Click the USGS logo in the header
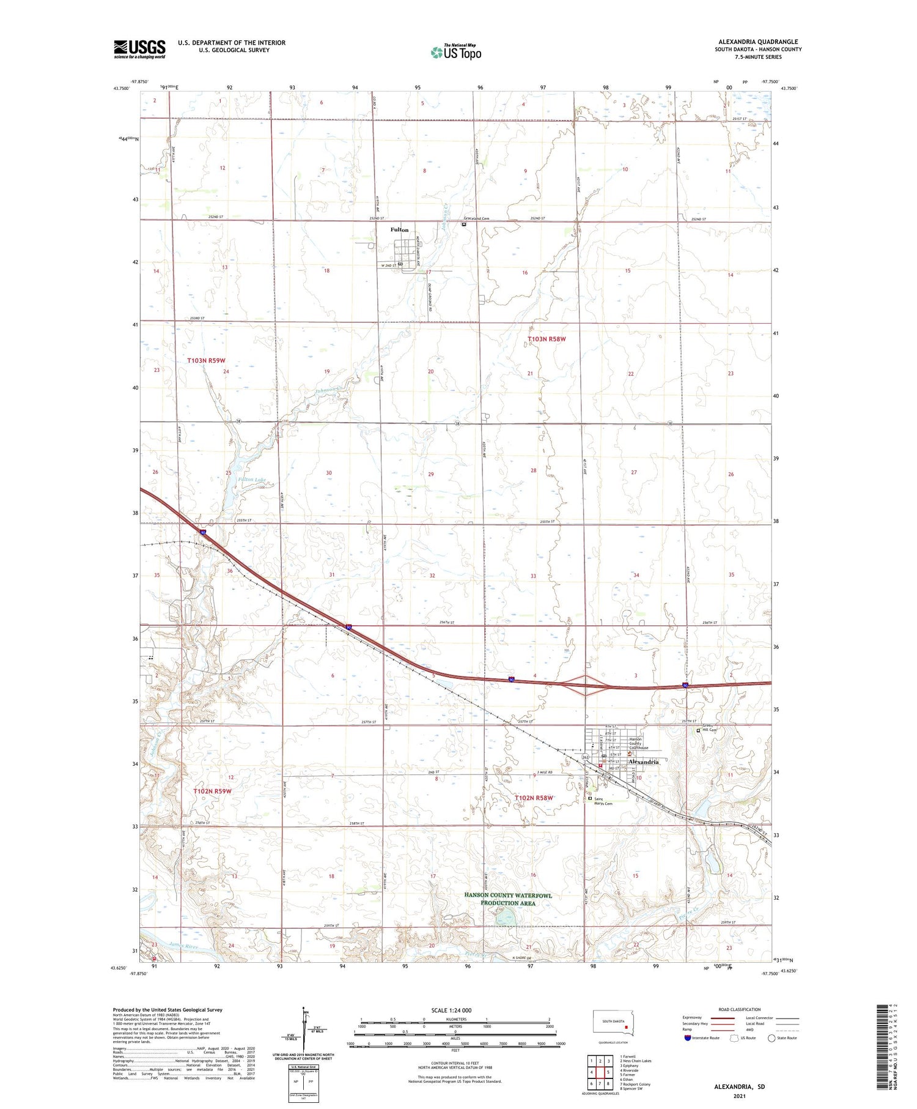139,49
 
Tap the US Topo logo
456,53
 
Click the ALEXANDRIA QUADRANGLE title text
758,42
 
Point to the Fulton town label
399,230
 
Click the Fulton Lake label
252,480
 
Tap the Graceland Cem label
477,218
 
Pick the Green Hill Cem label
709,729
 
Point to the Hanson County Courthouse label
639,743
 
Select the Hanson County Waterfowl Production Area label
508,899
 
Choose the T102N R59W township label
212,791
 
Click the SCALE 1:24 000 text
451,1011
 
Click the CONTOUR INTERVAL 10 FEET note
455,1064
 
